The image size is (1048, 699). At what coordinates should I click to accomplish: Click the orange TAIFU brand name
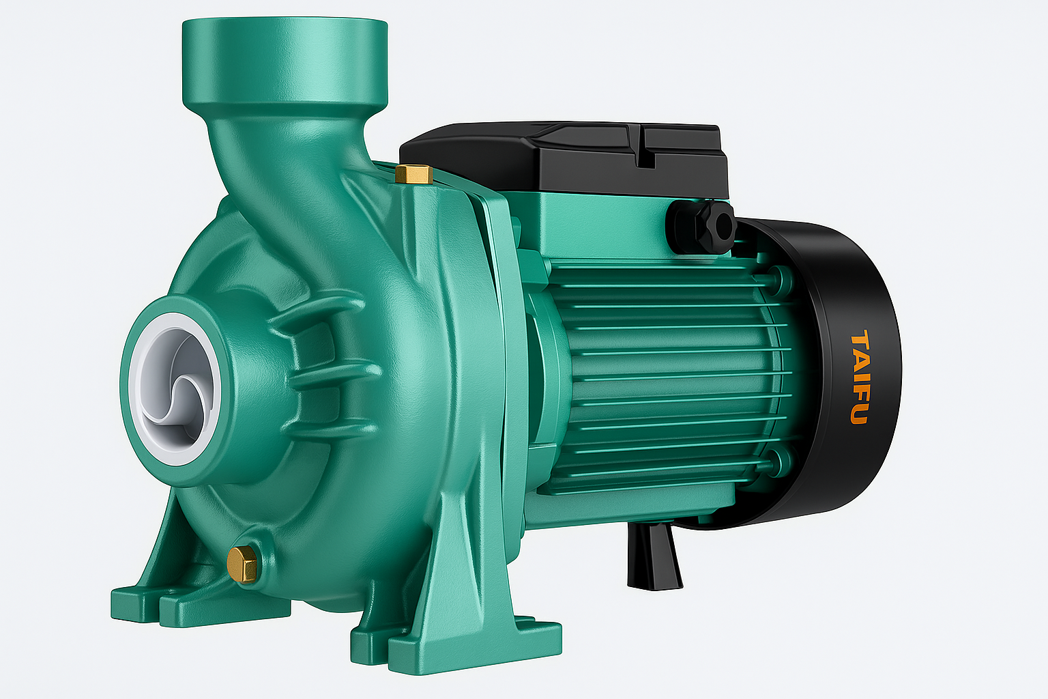point(860,377)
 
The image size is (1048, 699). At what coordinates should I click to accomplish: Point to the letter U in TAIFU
point(858,414)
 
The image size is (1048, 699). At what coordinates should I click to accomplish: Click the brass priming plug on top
point(413,173)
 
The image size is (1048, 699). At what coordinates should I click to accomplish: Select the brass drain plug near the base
point(242,564)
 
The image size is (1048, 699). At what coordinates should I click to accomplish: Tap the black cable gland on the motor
point(703,225)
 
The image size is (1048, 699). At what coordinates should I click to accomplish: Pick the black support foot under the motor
point(654,556)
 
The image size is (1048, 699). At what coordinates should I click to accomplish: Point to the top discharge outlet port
point(285,61)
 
